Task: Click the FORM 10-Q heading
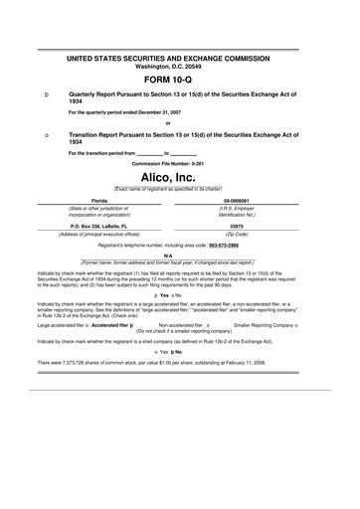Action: (x=179, y=79)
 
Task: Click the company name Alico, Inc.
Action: (x=179, y=175)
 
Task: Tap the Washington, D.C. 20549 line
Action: (x=179, y=66)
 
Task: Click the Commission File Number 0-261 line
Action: (x=179, y=161)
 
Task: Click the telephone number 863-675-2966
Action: (x=244, y=244)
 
